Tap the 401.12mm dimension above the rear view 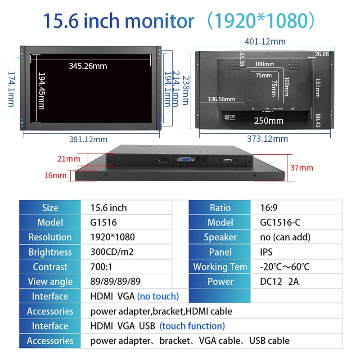[265, 41]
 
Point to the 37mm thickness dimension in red [301, 168]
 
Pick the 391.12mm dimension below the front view [88, 139]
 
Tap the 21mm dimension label [68, 158]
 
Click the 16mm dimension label [55, 175]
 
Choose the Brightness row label [50, 252]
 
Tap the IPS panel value [266, 252]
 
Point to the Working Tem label [220, 267]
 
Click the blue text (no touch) [158, 296]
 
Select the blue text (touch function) [192, 326]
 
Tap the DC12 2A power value [279, 282]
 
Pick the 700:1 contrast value [101, 267]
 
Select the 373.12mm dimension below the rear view [267, 139]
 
